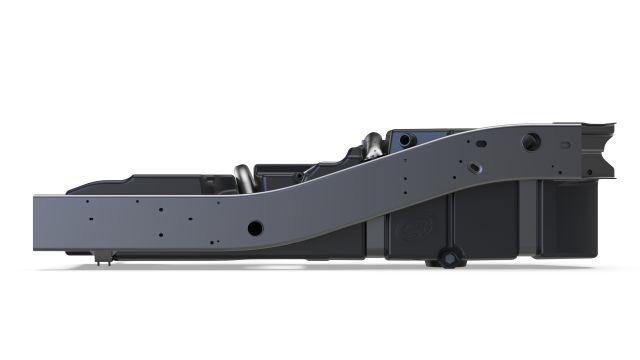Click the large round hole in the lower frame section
pos(255,228)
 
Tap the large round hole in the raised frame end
pos(529,142)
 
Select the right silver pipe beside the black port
pos(372,145)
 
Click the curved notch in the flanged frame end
pos(604,163)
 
